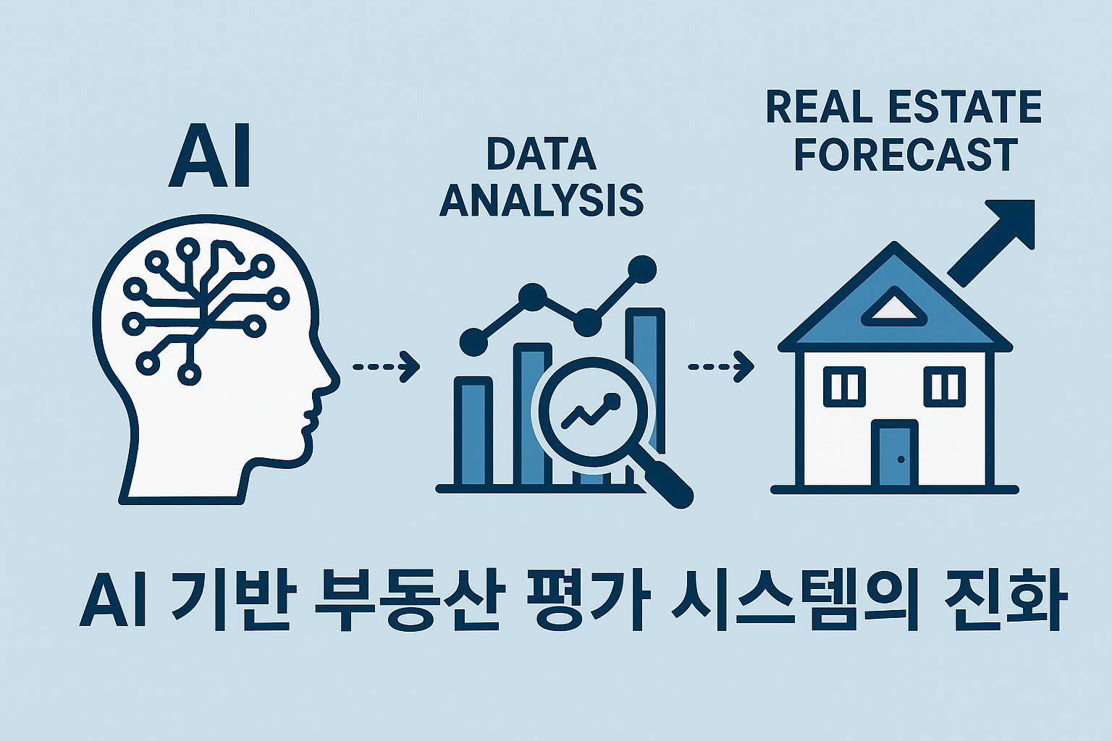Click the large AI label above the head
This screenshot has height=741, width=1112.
coord(210,156)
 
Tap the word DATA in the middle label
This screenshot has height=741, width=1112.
coord(541,154)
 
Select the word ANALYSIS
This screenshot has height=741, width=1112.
coord(541,200)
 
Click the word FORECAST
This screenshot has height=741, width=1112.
coord(906,154)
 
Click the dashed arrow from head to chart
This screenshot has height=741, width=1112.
coord(386,366)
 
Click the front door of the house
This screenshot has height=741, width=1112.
coord(895,454)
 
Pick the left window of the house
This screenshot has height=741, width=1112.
coord(844,386)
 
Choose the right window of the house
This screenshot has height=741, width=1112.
coord(945,386)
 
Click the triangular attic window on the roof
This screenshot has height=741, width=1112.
coord(896,307)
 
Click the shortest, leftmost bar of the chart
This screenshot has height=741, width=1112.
coord(473,431)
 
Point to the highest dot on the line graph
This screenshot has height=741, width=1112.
coord(641,270)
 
